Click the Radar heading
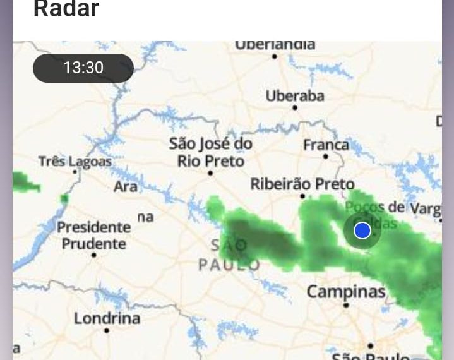click(x=66, y=9)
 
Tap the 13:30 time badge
click(x=83, y=68)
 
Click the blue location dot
click(x=362, y=231)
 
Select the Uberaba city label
click(x=294, y=96)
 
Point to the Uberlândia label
click(x=275, y=45)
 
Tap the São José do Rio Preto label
click(x=210, y=152)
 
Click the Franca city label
click(x=326, y=145)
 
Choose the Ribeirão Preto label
click(x=302, y=184)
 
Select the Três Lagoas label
click(x=75, y=161)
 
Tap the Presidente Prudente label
click(x=93, y=235)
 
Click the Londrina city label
click(x=107, y=318)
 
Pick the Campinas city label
click(x=345, y=292)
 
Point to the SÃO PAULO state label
click(x=229, y=255)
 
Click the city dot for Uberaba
click(x=294, y=108)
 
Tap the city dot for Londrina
click(x=107, y=330)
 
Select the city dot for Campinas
click(x=346, y=304)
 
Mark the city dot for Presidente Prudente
click(x=94, y=255)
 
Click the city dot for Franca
click(x=326, y=156)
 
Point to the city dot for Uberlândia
click(x=274, y=56)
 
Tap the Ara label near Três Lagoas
click(x=126, y=187)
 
